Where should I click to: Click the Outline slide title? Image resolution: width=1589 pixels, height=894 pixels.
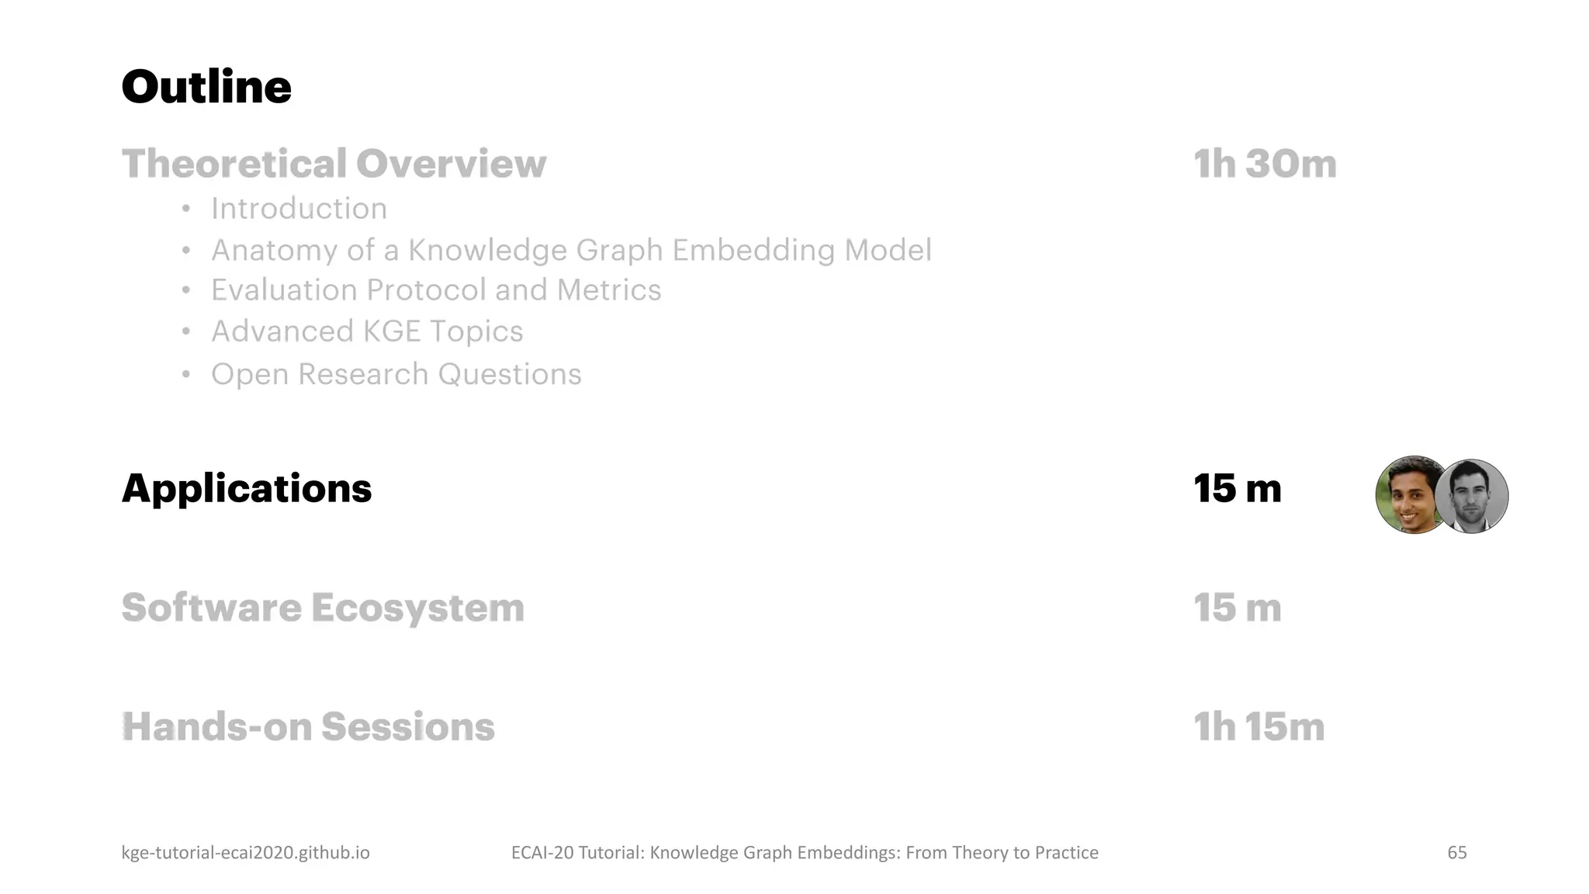coord(206,86)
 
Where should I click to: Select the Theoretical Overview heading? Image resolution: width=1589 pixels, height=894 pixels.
coord(334,164)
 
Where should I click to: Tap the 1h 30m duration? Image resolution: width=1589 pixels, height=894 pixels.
coord(1265,164)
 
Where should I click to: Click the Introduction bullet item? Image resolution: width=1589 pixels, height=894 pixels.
coord(299,209)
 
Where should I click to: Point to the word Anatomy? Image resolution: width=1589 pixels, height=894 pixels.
coord(275,251)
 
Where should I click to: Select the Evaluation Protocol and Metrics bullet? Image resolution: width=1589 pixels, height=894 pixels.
coord(436,290)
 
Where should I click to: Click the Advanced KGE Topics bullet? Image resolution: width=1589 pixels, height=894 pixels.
coord(367,331)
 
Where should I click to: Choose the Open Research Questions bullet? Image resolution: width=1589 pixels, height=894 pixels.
coord(396,374)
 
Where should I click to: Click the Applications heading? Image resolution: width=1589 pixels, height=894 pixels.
coord(247,489)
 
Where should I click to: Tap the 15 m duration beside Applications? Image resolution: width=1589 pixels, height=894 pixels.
coord(1237,489)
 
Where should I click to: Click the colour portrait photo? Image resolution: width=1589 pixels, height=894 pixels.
coord(1407,495)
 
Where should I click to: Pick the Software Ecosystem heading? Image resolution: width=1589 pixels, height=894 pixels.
coord(323,608)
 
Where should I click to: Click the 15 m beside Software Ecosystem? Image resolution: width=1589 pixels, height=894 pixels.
coord(1237,608)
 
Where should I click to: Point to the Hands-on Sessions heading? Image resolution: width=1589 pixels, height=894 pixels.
coord(308,727)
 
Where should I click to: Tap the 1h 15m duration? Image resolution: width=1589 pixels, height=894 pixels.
coord(1258,727)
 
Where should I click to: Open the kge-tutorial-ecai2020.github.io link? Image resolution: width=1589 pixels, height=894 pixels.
coord(245,853)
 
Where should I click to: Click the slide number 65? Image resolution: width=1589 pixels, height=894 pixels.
coord(1456,853)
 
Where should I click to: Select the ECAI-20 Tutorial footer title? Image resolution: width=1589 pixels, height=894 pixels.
coord(805,853)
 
